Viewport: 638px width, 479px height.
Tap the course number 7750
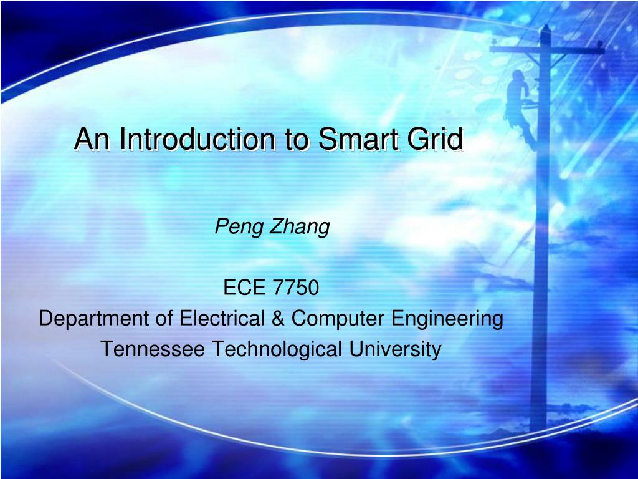coord(296,288)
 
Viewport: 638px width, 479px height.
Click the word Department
coord(93,319)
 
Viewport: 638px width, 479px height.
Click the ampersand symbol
coord(278,319)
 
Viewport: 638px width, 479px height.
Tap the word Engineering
coord(447,319)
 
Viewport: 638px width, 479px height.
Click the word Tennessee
coord(153,349)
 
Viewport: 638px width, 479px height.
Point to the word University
coord(394,349)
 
